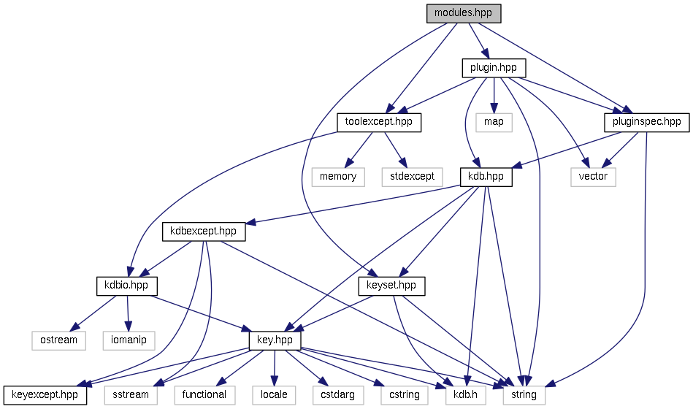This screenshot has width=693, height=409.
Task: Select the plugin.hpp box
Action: pos(494,67)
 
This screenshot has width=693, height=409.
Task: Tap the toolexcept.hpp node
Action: pos(379,122)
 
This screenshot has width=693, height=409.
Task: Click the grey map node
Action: pos(494,122)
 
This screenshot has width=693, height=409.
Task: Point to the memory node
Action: pos(338,176)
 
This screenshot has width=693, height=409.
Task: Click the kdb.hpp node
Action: pos(486,176)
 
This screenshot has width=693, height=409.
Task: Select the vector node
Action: pos(592,176)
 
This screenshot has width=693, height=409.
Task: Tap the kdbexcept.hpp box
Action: pos(203,231)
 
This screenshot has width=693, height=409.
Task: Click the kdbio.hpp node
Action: pos(126,285)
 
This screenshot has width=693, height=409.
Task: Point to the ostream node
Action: pos(58,340)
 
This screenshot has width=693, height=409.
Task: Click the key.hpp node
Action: pos(275,340)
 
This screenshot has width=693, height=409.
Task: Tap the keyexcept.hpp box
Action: pos(45,394)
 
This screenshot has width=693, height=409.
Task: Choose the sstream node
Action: pos(131,394)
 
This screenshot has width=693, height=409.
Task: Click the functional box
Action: pos(204,394)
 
